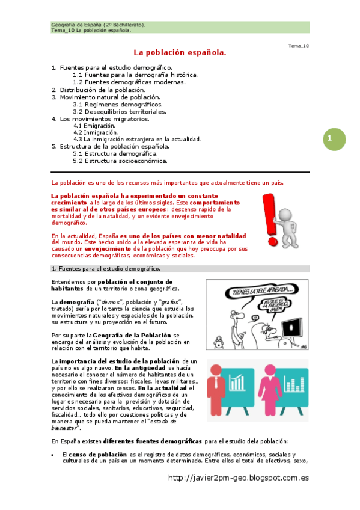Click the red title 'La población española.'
point(180,54)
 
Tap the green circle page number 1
point(331,139)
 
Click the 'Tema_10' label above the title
point(299,46)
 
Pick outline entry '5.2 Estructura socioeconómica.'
point(120,161)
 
